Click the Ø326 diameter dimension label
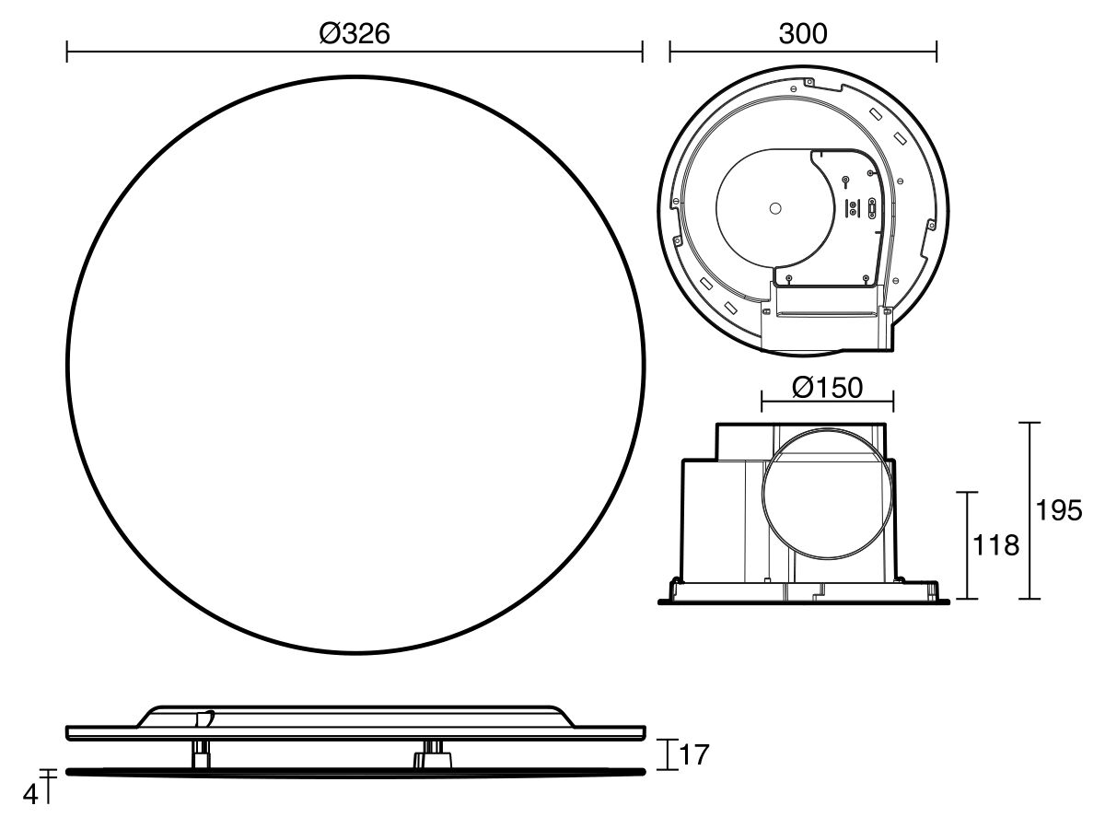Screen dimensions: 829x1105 [355, 33]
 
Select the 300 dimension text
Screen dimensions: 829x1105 [802, 33]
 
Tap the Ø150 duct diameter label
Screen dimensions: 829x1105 [827, 388]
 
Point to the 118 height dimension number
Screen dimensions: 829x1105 [996, 545]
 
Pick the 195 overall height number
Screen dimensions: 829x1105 [1059, 510]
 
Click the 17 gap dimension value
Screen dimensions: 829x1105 [695, 755]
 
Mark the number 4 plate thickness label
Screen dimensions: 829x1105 [30, 794]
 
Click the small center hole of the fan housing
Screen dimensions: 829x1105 [774, 210]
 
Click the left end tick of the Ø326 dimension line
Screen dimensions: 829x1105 [67, 52]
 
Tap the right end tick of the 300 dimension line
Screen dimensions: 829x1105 [936, 52]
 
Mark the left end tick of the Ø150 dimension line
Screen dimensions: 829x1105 [762, 402]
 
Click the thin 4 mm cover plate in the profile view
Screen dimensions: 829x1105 [355, 772]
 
